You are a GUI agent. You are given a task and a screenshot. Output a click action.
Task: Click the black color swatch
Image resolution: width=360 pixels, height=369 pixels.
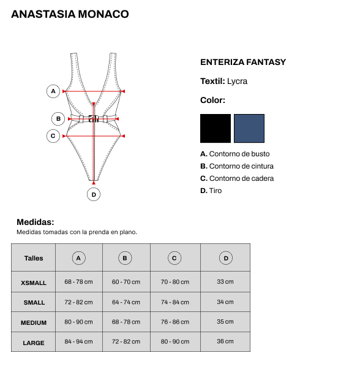point(216,128)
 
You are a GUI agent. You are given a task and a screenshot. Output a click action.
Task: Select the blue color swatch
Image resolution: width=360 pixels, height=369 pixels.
point(249,128)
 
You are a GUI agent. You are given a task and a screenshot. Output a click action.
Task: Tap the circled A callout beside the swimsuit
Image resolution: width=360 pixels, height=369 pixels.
point(53,91)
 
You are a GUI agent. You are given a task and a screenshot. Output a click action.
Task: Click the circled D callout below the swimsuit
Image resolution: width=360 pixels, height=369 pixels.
point(94,194)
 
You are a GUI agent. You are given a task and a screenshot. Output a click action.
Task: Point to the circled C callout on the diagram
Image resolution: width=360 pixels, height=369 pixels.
point(53,136)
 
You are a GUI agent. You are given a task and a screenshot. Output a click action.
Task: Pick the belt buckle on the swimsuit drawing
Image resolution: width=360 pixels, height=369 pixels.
point(94,119)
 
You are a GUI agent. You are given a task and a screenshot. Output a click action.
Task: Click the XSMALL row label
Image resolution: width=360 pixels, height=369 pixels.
point(34,283)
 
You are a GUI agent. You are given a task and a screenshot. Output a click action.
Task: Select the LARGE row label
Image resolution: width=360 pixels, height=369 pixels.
point(34,343)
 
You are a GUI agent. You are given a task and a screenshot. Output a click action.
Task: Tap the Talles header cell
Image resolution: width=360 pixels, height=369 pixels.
point(34,258)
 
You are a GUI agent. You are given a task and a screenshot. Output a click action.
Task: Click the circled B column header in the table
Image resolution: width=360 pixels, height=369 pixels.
point(125,258)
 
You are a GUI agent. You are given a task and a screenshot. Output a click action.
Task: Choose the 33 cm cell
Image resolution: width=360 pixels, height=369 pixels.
point(225,281)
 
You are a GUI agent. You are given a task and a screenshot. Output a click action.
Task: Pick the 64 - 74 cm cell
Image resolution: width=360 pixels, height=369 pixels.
point(126,302)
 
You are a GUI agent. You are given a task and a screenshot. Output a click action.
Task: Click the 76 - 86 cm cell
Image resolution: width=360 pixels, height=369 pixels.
point(175,322)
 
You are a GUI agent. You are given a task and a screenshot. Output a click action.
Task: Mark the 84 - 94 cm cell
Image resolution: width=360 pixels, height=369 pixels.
point(78,341)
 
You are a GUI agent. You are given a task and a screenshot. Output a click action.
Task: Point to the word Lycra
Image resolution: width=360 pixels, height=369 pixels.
point(237,81)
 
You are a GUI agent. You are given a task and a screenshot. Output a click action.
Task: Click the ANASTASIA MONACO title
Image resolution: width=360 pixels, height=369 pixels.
point(70,14)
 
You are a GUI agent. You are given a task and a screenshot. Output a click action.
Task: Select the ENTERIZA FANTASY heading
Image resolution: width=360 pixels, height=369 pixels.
point(243,62)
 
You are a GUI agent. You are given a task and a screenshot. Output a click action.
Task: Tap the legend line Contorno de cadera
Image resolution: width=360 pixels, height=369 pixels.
point(237,178)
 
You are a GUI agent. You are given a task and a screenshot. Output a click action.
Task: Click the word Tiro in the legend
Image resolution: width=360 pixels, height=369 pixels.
point(216,191)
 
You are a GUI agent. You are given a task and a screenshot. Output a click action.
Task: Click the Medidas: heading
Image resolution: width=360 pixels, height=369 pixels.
point(36,222)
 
